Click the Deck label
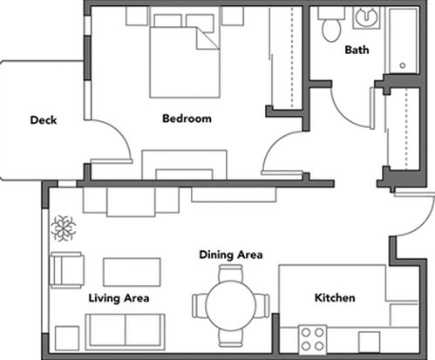pos(44,120)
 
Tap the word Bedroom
pos(187,119)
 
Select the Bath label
pos(357,50)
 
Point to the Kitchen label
pos(335,297)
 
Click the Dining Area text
pos(231,255)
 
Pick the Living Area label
pos(119,298)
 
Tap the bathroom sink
pos(366,17)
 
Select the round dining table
pos(231,306)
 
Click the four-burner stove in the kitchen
pos(312,339)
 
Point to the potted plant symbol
pos(63,228)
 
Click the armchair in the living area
pos(67,270)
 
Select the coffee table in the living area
pos(132,272)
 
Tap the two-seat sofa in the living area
pos(126,332)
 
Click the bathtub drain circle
pos(403,65)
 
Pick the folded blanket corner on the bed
pos(207,38)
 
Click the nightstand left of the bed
pos(137,16)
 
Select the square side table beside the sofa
pos(67,338)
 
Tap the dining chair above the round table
pos(231,273)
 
